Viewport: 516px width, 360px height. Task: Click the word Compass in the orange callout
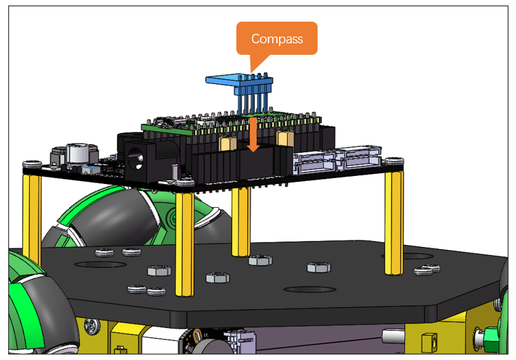[277, 39]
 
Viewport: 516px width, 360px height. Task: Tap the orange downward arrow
[253, 134]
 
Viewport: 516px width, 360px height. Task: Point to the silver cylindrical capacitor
[78, 153]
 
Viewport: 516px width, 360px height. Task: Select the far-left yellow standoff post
[32, 218]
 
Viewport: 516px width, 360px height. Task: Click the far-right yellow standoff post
[393, 223]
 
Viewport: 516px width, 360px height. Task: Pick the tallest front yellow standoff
[185, 244]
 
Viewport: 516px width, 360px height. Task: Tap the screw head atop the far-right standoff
[394, 161]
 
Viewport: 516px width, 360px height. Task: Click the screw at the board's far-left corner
[32, 164]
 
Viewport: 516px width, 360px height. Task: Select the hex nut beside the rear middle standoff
[260, 261]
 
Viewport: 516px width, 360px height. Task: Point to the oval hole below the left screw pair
[100, 265]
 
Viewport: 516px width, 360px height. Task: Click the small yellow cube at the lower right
[429, 341]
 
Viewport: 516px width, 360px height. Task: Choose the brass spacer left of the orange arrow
[228, 143]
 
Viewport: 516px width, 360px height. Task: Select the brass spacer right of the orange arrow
[285, 138]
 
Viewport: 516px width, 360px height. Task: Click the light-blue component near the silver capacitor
[91, 170]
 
